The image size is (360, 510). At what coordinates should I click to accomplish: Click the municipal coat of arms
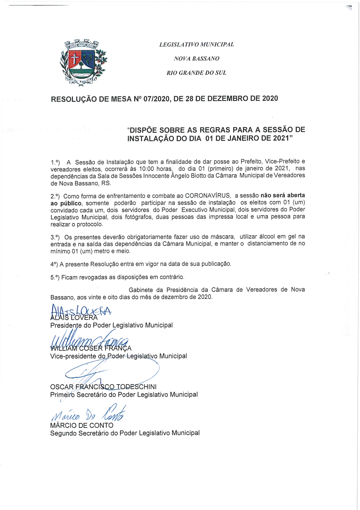[x=83, y=63]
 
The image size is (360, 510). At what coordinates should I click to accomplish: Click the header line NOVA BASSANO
[x=197, y=58]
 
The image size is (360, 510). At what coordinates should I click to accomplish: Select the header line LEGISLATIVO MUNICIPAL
[x=197, y=45]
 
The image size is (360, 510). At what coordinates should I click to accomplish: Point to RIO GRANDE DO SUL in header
[x=196, y=73]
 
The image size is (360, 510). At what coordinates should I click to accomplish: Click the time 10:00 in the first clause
[x=147, y=169]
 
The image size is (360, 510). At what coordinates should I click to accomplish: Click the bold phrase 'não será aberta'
[x=283, y=195]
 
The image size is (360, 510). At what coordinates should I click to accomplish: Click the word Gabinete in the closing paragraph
[x=140, y=290]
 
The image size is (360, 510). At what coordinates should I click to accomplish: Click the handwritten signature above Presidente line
[x=80, y=311]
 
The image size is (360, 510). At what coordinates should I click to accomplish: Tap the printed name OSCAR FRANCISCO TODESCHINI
[x=103, y=387]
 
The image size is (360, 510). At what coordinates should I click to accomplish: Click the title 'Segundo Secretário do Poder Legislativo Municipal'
[x=125, y=433]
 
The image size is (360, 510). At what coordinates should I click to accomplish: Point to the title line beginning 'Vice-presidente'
[x=118, y=356]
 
